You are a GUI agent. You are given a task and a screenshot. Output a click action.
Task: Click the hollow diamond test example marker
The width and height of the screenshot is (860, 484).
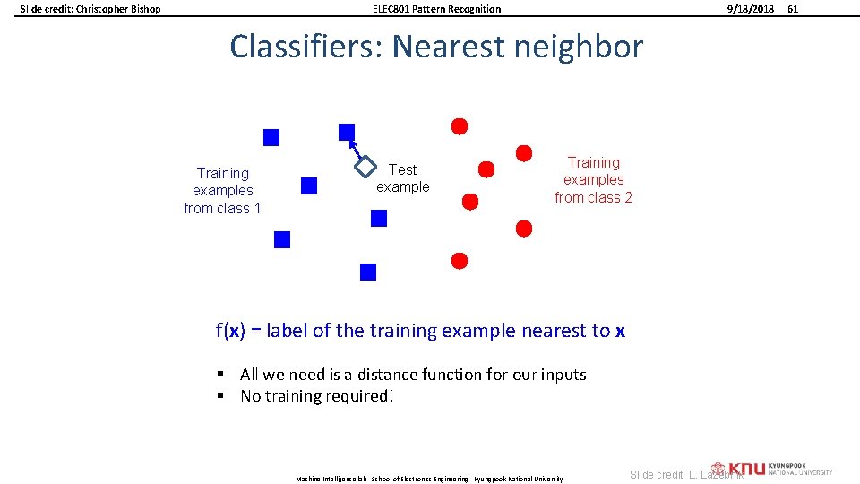coord(365,166)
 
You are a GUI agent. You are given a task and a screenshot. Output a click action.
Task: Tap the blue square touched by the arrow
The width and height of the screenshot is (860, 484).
coord(347,132)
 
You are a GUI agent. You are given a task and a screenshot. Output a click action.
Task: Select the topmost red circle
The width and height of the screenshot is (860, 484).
coord(460,126)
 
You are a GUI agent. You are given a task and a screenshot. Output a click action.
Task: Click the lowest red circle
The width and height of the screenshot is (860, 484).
coord(460,261)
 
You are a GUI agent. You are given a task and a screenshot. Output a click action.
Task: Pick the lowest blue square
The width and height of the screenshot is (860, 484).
coord(368,272)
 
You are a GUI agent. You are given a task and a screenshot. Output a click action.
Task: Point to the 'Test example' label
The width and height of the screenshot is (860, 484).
coord(402,178)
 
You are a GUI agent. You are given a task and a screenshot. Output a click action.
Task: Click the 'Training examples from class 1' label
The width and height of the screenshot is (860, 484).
coord(222,190)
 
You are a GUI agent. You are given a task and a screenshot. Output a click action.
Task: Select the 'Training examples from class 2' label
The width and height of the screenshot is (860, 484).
coord(593,179)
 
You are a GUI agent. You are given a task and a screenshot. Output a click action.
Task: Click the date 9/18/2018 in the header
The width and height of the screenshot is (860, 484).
coord(752,9)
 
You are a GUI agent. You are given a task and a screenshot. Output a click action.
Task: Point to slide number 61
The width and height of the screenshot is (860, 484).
coord(791,9)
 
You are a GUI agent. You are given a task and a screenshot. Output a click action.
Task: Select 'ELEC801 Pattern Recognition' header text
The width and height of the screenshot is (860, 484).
coord(436,9)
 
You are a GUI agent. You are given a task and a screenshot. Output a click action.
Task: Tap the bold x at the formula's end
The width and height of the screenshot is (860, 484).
coord(620,331)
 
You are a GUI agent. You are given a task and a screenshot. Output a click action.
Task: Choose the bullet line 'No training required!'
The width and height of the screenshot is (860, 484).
coord(316,396)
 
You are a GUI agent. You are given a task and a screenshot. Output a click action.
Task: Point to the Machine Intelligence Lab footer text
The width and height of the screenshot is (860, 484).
coord(429,480)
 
